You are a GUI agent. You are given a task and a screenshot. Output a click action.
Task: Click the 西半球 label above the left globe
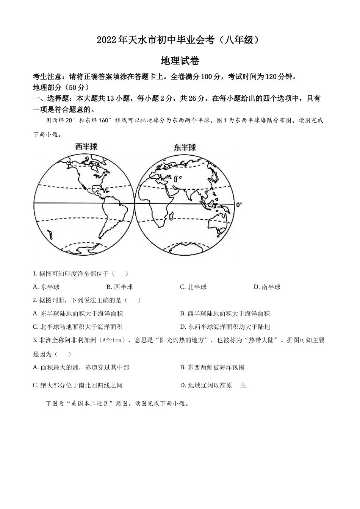coord(86,146)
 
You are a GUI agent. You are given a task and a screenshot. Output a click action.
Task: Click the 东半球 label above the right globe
coord(185,147)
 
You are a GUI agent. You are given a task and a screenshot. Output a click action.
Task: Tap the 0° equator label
coord(239,205)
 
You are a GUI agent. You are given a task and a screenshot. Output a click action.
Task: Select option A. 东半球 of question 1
coord(46,287)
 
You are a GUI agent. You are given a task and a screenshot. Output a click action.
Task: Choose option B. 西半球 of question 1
coord(119,287)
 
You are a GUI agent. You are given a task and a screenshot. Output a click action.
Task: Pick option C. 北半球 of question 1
coord(193,287)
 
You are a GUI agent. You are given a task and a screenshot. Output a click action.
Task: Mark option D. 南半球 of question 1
coord(267,287)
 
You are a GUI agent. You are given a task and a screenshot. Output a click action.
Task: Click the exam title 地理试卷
coord(180,61)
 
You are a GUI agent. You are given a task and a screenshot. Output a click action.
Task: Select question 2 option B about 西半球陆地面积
coord(225,314)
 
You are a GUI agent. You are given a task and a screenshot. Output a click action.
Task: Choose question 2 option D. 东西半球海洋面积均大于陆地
coord(225,327)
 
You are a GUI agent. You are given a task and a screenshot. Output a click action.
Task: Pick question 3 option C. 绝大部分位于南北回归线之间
coord(78,386)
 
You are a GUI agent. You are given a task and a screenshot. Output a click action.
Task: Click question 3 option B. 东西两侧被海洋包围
coord(212,367)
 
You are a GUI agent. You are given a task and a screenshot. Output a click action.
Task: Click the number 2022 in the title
coord(108,40)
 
